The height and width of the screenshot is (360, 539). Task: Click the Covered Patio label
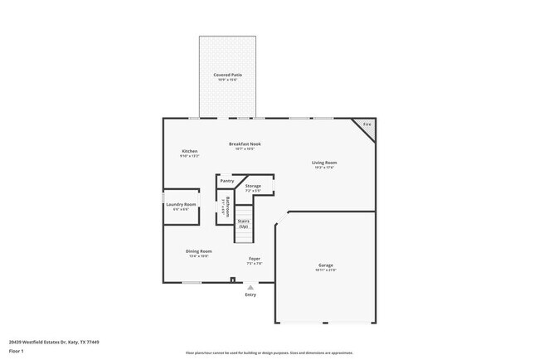click(226, 75)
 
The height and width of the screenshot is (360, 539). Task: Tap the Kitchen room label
click(189, 151)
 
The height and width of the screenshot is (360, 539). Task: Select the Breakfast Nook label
click(245, 144)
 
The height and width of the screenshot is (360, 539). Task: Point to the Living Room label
click(324, 163)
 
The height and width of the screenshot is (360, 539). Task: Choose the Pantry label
click(226, 181)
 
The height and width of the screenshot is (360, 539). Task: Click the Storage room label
click(253, 186)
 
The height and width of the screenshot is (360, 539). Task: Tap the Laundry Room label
click(181, 204)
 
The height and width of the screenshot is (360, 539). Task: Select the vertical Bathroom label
click(226, 207)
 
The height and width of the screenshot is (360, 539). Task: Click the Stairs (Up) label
click(244, 223)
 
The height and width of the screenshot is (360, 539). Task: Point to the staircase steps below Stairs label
click(243, 236)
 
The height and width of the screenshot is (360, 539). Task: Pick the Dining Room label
click(199, 251)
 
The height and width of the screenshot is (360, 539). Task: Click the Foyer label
click(255, 259)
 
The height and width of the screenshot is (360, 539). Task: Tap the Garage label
click(324, 265)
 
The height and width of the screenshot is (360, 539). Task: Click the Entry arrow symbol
click(250, 287)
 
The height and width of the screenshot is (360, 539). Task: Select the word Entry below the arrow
click(250, 294)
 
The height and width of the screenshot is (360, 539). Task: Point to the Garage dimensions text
click(324, 270)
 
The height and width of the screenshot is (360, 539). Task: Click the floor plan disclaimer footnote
click(269, 352)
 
